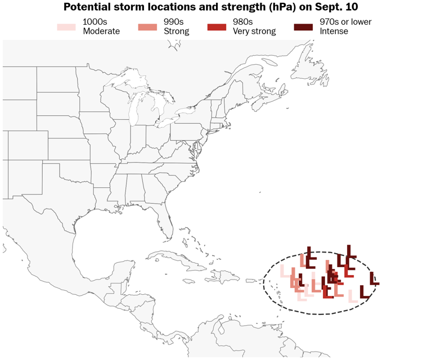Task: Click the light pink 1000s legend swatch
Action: click(66, 27)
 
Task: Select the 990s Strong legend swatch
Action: click(147, 27)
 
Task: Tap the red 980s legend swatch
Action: click(216, 27)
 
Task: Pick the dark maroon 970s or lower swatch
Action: click(304, 27)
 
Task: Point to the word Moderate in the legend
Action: click(101, 31)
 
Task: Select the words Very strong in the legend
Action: click(254, 31)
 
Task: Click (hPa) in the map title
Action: click(282, 7)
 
